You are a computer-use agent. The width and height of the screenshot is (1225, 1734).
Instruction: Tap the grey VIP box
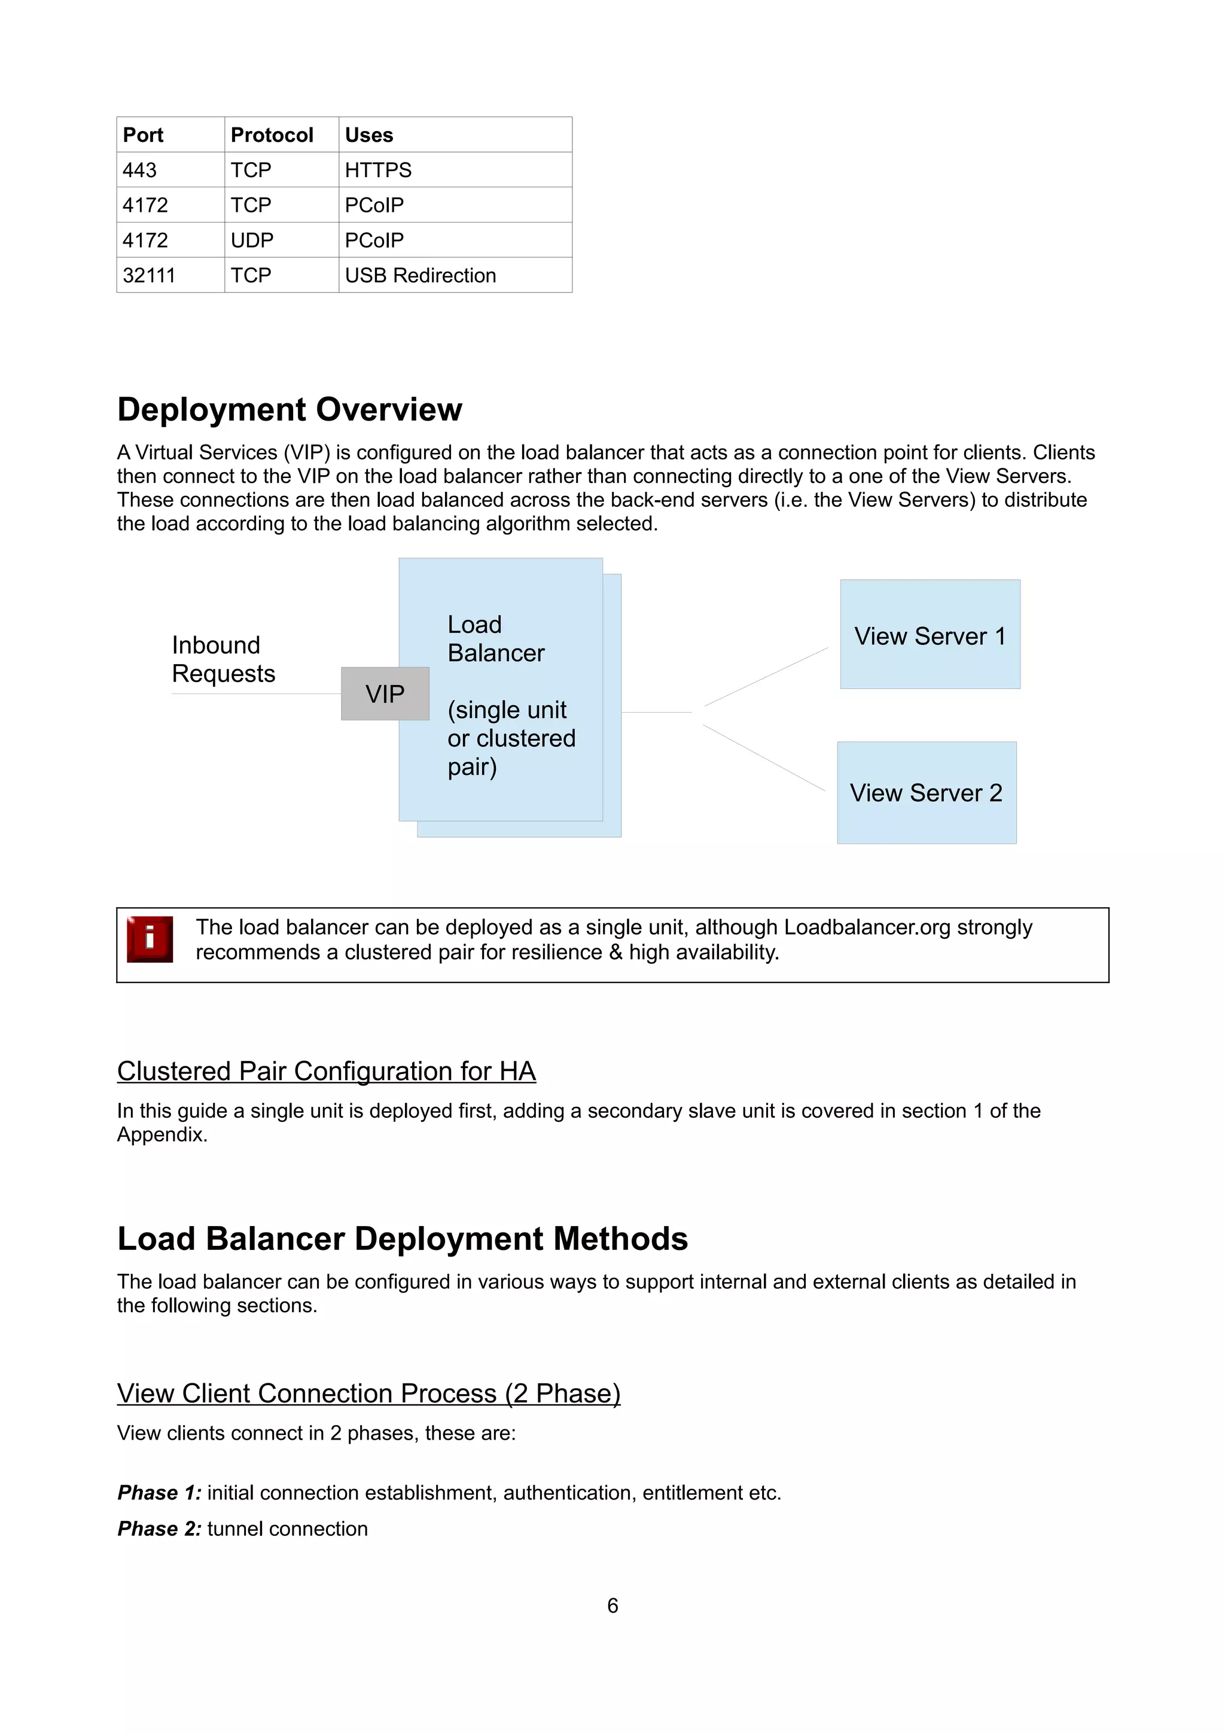385,694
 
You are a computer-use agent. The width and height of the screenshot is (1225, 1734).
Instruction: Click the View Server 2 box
926,793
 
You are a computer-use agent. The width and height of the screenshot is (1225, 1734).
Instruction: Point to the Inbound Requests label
224,659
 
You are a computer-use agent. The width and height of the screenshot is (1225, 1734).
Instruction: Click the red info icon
150,939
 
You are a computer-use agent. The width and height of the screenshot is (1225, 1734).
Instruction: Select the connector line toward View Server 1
766,677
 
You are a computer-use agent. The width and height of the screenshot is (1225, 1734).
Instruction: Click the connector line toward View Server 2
764,758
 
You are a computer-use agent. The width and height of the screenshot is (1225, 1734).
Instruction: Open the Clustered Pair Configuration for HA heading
326,1071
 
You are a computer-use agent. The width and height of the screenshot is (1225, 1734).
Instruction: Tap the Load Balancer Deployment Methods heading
403,1239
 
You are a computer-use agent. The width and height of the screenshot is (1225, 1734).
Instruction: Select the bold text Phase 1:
159,1493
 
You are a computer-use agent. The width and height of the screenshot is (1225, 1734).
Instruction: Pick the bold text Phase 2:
159,1529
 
